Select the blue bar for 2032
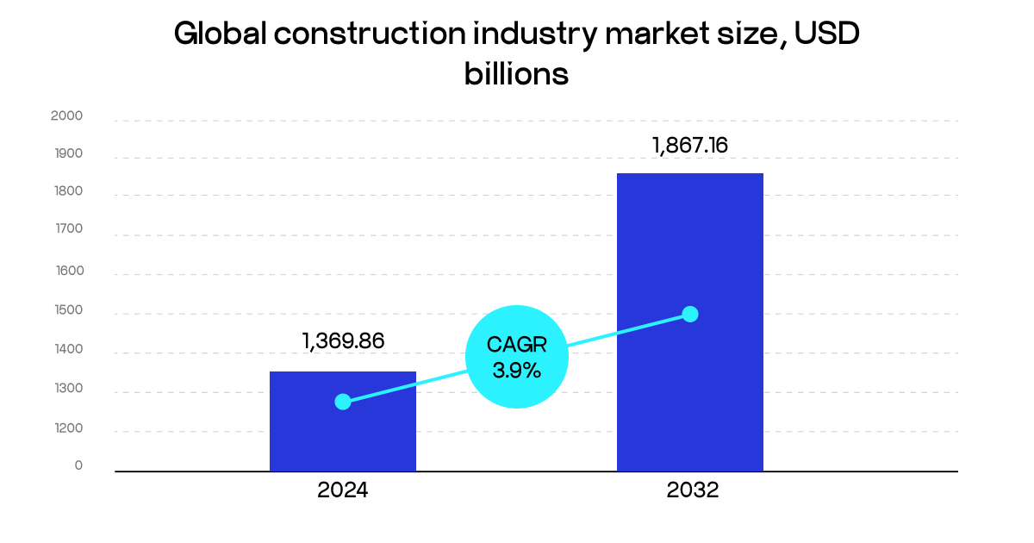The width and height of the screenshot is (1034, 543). pos(689,388)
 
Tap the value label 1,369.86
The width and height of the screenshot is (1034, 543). pos(343,340)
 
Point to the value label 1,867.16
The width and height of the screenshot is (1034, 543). pos(690,145)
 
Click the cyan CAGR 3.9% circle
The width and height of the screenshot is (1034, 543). pos(516,357)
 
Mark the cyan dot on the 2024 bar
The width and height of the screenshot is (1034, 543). pos(343,402)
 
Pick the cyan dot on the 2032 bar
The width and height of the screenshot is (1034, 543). pos(689,314)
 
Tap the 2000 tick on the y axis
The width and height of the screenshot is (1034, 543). pos(66,116)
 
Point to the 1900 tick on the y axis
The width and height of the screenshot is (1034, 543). pos(66,154)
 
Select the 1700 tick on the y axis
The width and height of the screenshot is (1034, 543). pos(66,229)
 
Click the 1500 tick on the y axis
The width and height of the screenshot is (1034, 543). pos(66,310)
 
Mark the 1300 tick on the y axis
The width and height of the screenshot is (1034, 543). pos(66,389)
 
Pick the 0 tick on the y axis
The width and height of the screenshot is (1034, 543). pos(78,465)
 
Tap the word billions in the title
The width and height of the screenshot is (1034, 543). pos(516,74)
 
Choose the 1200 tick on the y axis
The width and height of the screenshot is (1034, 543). pos(66,428)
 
